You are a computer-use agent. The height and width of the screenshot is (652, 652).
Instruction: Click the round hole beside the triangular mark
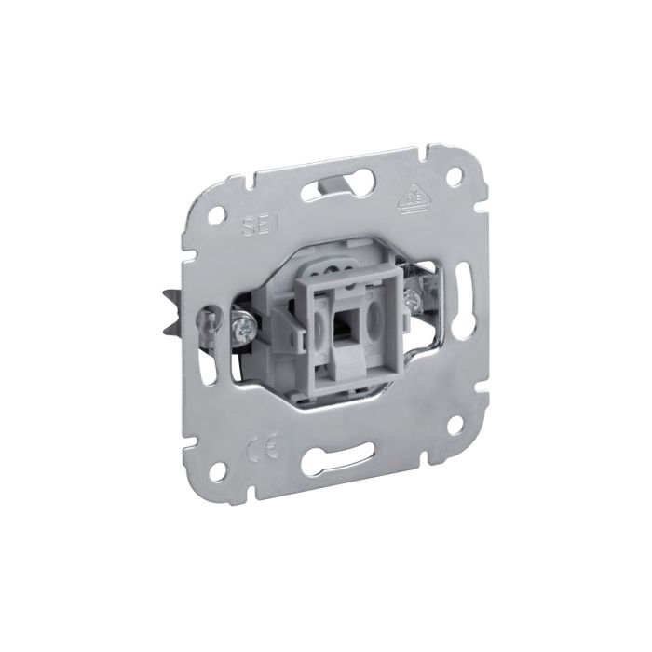pos(454,175)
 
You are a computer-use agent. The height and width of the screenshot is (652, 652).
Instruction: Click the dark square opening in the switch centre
pos(344,319)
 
